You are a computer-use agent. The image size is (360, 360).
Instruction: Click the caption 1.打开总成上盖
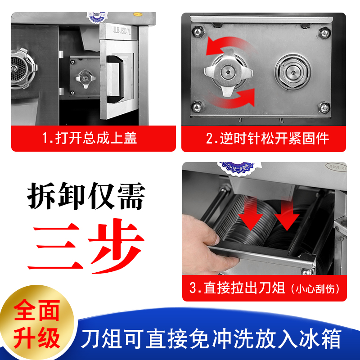(89, 138)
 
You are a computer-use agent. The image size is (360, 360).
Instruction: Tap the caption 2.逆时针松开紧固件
(267, 138)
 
